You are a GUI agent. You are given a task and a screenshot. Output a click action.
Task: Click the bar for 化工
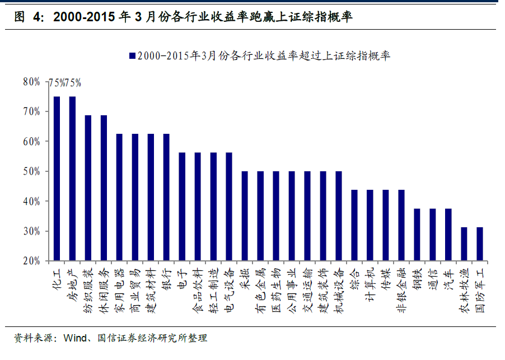tap(57, 179)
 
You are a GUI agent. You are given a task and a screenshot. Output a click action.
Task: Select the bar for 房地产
tap(72, 179)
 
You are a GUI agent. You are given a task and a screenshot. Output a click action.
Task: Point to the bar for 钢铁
tap(417, 235)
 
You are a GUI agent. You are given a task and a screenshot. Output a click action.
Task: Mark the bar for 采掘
tap(245, 216)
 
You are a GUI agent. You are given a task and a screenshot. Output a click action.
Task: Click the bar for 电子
tap(182, 207)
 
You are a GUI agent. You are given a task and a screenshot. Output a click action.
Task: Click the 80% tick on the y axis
tap(31, 82)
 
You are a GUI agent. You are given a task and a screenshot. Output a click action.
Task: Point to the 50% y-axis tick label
tap(31, 171)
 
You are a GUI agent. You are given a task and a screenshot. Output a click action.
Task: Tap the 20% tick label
tap(31, 261)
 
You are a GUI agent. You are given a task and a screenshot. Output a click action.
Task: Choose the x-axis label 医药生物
tap(276, 286)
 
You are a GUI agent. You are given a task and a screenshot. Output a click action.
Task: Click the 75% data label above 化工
tap(57, 83)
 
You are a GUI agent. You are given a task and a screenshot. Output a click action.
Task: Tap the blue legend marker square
tap(132, 55)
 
